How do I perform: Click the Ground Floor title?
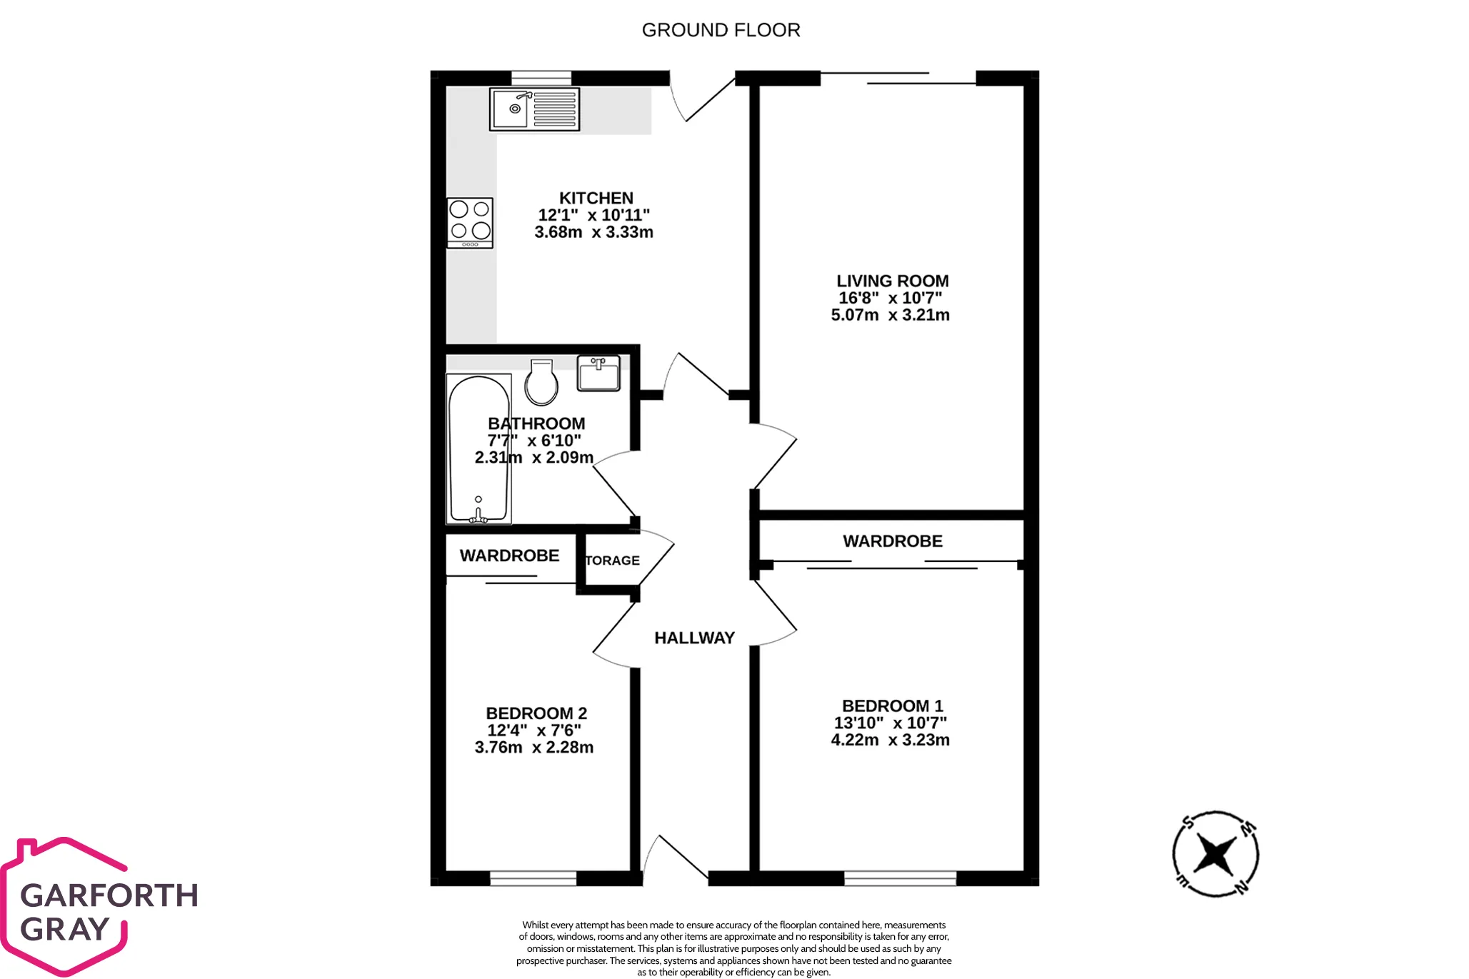[x=721, y=30]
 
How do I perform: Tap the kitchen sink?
[x=534, y=109]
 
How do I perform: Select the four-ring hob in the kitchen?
[x=470, y=223]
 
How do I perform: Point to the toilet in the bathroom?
[x=541, y=382]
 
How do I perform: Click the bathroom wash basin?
[x=598, y=373]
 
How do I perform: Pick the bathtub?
[x=478, y=448]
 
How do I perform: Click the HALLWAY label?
[x=694, y=638]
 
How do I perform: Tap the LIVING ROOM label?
[x=893, y=281]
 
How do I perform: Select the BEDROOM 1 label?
[x=893, y=706]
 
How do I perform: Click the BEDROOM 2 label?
[x=536, y=713]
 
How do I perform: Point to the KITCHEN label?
[x=596, y=198]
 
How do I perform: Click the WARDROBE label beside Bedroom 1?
[x=893, y=541]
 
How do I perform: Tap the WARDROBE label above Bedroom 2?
[x=509, y=556]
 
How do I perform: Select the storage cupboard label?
[x=612, y=561]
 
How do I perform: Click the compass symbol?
[x=1215, y=854]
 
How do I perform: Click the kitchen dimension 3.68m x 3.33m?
[x=593, y=232]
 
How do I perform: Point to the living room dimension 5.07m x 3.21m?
[x=891, y=315]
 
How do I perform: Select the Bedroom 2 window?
[x=533, y=878]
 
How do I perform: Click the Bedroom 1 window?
[x=900, y=878]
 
